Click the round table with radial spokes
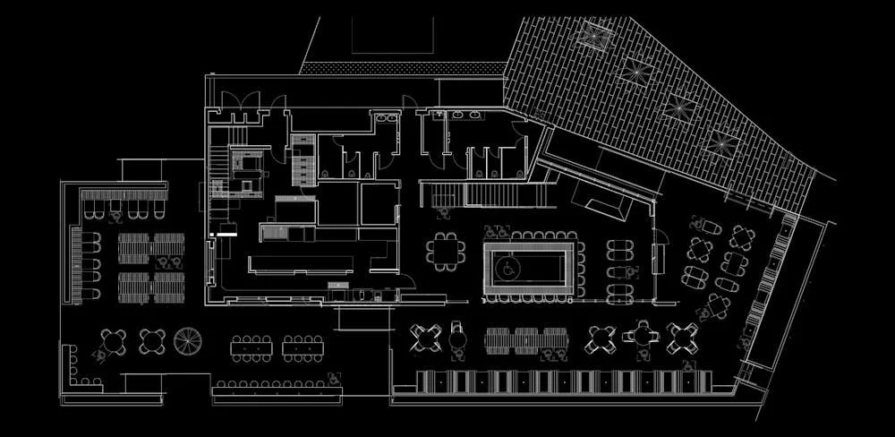(189, 340)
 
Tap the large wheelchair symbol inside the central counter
(507, 267)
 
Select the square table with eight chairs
(445, 251)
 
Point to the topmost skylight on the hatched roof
(593, 36)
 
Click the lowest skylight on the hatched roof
(721, 142)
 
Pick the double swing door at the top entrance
(241, 100)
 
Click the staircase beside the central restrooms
(488, 194)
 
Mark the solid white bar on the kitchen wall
(224, 234)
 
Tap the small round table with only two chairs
(458, 338)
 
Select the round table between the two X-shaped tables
(641, 337)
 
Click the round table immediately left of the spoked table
(152, 340)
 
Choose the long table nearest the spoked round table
(251, 347)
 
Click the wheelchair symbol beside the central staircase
(443, 212)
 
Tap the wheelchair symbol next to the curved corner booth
(99, 356)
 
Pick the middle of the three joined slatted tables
(526, 340)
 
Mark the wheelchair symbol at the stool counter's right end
(332, 378)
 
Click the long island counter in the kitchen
(301, 263)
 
